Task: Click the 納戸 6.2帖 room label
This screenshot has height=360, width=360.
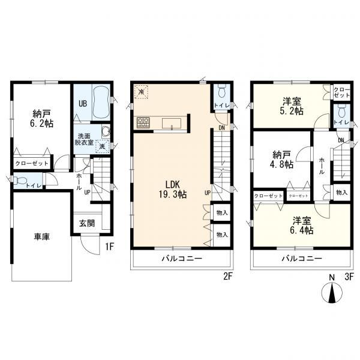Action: click(x=43, y=118)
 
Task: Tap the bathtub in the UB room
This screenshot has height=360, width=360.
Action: click(x=101, y=102)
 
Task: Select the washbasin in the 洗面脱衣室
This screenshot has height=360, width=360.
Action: click(x=106, y=132)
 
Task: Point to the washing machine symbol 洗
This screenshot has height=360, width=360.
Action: click(x=102, y=146)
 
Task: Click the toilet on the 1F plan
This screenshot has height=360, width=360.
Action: click(x=19, y=180)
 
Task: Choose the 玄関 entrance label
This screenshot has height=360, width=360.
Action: click(x=87, y=223)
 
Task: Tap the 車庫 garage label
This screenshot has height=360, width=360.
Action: click(x=42, y=236)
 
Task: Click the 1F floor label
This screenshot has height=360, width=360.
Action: click(x=110, y=247)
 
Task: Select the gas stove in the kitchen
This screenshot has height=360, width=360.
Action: click(x=143, y=122)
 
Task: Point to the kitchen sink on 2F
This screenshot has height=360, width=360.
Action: click(x=172, y=123)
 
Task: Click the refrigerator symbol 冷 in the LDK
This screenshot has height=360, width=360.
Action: click(x=141, y=92)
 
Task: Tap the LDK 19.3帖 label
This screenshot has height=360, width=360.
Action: click(x=172, y=189)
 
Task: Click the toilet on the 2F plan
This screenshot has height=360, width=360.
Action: click(x=222, y=92)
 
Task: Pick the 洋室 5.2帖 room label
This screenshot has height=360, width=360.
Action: click(x=293, y=106)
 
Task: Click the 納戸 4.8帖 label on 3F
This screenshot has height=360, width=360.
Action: click(x=283, y=160)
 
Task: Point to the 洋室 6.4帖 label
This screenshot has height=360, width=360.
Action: click(x=302, y=226)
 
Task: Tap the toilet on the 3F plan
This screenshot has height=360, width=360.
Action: click(x=342, y=112)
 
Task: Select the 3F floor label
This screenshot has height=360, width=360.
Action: click(x=349, y=277)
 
